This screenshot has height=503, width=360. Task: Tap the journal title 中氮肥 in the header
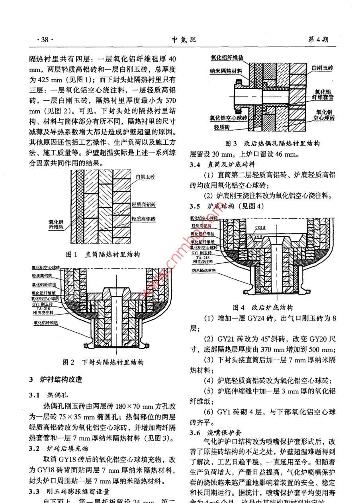pos(184,39)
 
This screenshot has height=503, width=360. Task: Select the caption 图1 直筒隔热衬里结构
pos(103,254)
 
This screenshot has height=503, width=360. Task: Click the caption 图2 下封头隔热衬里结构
pos(103,362)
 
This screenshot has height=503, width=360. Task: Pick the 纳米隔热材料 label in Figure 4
pos(203,270)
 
